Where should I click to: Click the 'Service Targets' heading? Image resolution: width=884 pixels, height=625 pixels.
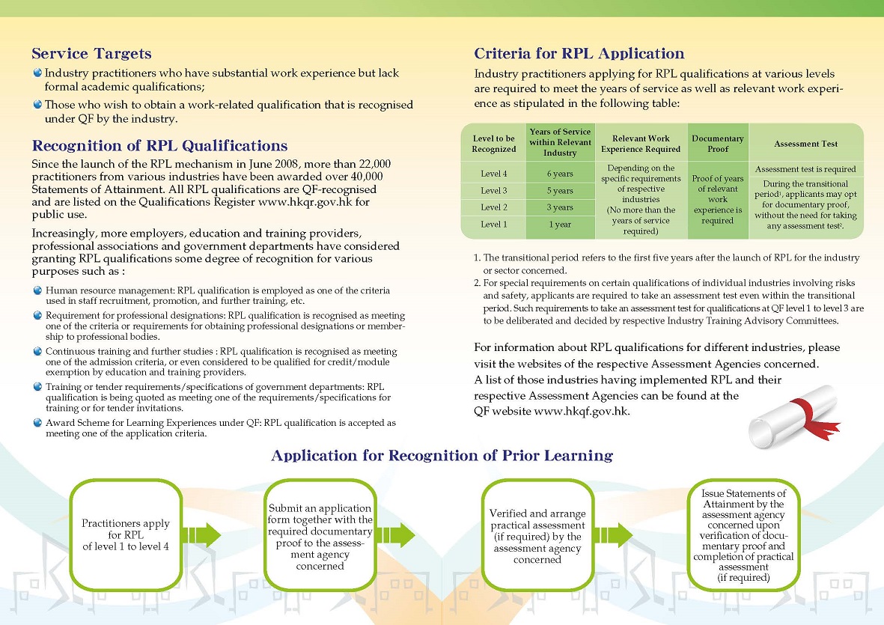pyautogui.click(x=91, y=54)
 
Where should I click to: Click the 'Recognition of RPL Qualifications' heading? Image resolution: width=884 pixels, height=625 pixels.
pyautogui.click(x=159, y=146)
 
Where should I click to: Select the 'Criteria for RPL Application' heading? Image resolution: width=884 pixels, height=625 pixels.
pyautogui.click(x=579, y=54)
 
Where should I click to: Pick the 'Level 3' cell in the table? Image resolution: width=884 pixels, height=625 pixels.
pyautogui.click(x=494, y=191)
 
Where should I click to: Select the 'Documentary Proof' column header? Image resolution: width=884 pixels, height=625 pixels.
pyautogui.click(x=717, y=143)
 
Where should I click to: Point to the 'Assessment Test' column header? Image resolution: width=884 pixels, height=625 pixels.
pyautogui.click(x=805, y=143)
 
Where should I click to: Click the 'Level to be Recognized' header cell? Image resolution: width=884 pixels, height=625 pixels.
pyautogui.click(x=494, y=143)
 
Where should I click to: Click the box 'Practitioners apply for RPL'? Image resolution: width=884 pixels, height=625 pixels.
pyautogui.click(x=126, y=534)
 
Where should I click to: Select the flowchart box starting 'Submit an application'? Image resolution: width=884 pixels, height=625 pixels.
pyautogui.click(x=320, y=534)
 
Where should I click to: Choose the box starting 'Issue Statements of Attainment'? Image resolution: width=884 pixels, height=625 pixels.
pyautogui.click(x=743, y=534)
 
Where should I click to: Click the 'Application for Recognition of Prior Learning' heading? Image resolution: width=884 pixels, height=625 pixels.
pyautogui.click(x=442, y=456)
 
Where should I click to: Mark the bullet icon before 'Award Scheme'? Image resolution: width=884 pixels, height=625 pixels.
pyautogui.click(x=38, y=423)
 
